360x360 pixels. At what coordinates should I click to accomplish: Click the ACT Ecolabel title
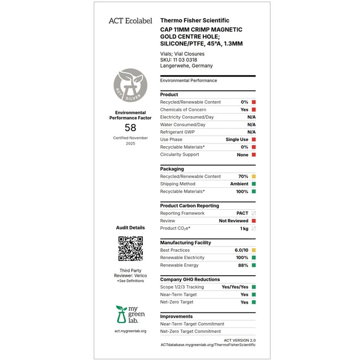tap(130, 20)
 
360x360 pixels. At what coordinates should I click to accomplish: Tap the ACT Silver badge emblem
tap(130, 85)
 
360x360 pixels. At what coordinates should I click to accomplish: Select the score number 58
tap(130, 127)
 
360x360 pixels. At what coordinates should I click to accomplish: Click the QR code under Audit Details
tap(130, 249)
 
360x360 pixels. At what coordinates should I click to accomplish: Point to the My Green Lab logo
tap(130, 314)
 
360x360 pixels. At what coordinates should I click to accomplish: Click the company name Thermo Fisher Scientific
tap(194, 20)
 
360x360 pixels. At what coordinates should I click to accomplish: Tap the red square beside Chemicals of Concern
tap(254, 110)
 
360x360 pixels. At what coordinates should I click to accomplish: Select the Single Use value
tap(236, 140)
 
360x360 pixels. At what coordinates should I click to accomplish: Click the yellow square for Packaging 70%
tap(254, 177)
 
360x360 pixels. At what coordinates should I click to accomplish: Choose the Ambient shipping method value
tap(239, 184)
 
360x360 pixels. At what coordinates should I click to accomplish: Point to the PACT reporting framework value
tap(242, 213)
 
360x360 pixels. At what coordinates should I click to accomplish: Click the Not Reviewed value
tap(233, 221)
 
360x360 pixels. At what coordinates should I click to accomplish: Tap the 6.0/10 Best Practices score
tap(241, 250)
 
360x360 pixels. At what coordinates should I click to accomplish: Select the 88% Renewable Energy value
tap(243, 265)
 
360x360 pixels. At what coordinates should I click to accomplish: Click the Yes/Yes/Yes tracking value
tap(235, 287)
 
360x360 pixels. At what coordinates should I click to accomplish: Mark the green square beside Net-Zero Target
tap(254, 302)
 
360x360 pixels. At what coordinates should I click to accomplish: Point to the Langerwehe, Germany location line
tap(186, 66)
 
